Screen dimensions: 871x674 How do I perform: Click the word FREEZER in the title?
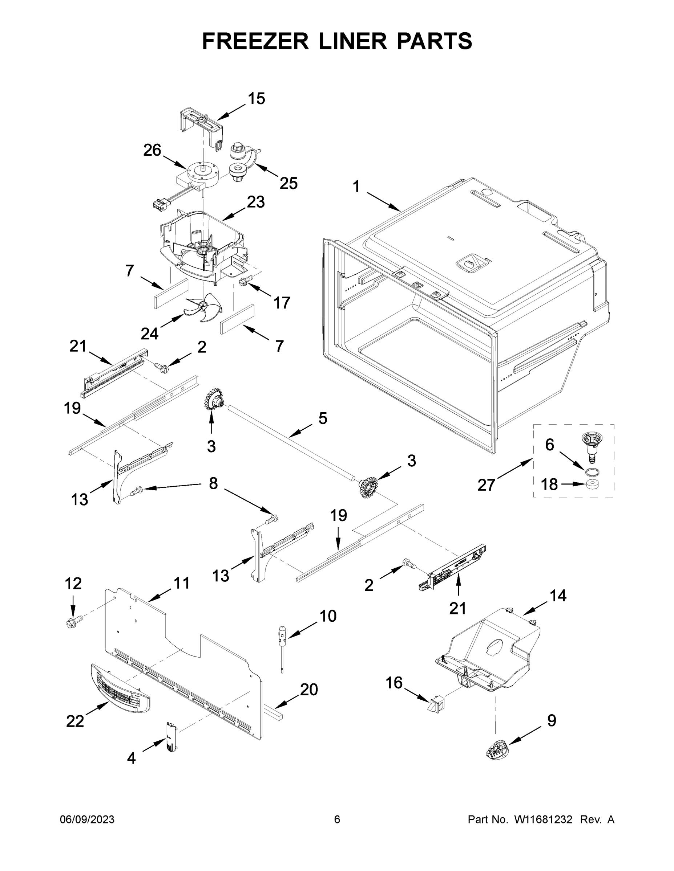[255, 41]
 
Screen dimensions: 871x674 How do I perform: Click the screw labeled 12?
[73, 622]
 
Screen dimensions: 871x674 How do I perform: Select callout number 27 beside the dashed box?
[486, 485]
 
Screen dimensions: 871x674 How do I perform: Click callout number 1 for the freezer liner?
[356, 186]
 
